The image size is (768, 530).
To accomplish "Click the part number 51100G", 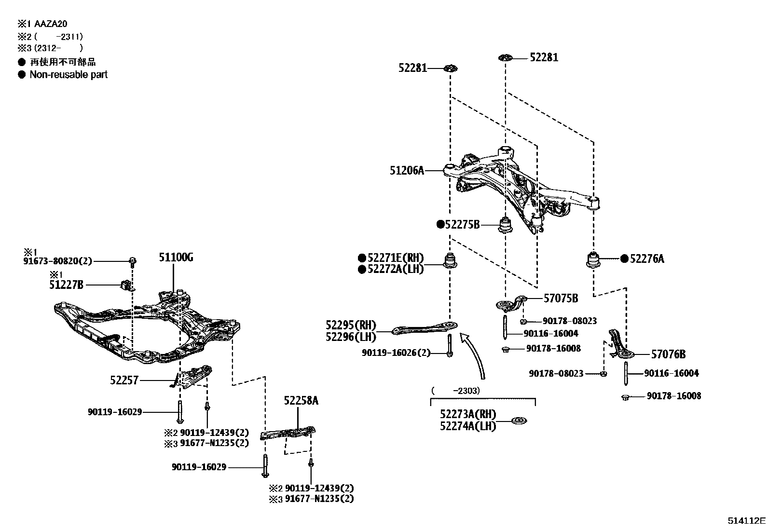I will click(176, 258).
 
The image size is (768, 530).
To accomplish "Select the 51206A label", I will click(407, 170).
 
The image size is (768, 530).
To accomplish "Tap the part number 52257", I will click(124, 381).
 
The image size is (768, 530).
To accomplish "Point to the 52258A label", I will click(301, 401).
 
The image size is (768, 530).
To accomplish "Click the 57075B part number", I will click(561, 299).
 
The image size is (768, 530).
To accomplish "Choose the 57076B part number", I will click(668, 354).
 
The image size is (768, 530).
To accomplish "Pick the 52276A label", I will click(647, 259).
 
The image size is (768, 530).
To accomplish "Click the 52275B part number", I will click(462, 224).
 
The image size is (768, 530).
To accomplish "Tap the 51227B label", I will click(66, 285).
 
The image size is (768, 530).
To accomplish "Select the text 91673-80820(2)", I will click(57, 261).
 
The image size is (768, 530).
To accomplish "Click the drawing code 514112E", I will click(747, 521).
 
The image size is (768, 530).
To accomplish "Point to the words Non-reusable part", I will click(69, 75).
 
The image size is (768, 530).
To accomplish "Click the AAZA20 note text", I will click(54, 23).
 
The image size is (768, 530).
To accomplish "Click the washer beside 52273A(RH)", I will click(519, 421).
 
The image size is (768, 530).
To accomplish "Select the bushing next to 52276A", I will click(593, 259).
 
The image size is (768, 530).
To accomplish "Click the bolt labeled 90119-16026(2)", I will click(450, 346).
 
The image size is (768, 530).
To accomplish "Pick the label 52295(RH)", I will click(351, 325).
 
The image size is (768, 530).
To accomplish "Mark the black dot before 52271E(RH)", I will click(362, 258).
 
